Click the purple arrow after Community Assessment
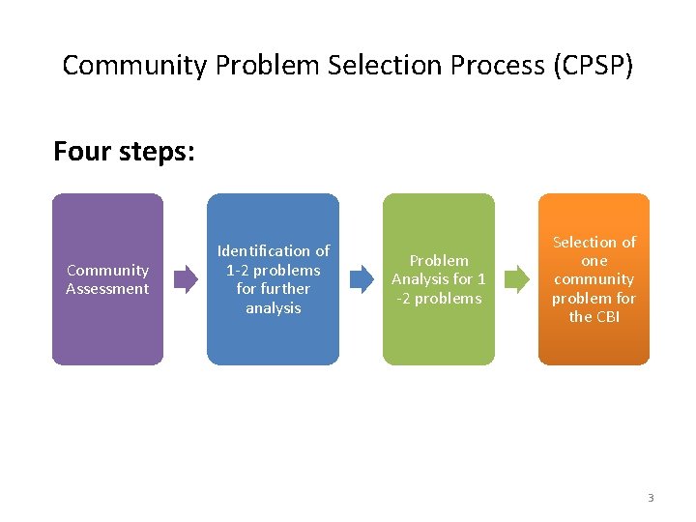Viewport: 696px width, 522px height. click(x=185, y=279)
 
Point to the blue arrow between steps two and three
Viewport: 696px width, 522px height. click(x=361, y=279)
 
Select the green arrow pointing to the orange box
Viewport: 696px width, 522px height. click(x=517, y=279)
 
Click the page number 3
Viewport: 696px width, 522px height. click(x=651, y=498)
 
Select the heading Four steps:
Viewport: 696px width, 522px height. click(x=124, y=152)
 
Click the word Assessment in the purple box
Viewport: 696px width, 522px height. click(x=107, y=289)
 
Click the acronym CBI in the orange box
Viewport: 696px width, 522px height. click(x=607, y=317)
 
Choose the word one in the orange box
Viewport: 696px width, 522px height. click(x=594, y=261)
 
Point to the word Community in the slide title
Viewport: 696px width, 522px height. click(x=134, y=66)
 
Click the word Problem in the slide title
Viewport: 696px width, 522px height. click(x=268, y=66)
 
